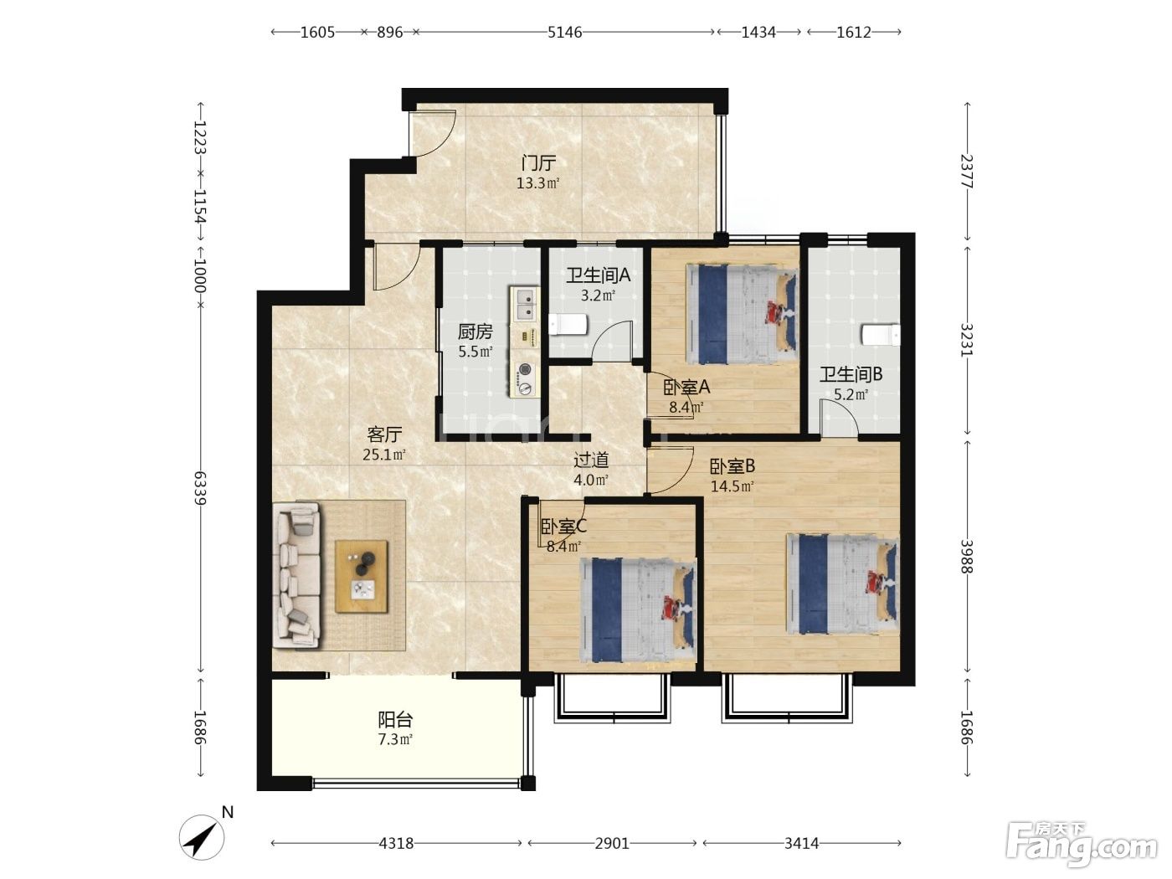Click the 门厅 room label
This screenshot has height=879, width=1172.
point(538,162)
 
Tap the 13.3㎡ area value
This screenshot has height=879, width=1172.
point(537,183)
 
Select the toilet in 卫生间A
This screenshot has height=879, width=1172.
point(568,325)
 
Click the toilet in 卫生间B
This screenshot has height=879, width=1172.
point(881,335)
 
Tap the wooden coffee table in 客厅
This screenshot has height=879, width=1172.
point(361,577)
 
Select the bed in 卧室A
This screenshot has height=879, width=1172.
point(742,315)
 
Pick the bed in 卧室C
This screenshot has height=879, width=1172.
point(638,609)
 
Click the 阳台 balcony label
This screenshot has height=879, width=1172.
point(395,720)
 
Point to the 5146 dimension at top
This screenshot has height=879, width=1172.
point(565,33)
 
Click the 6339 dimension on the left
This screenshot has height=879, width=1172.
point(200,488)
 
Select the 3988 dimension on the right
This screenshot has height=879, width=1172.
point(967,557)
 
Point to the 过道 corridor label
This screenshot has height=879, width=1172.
point(591,460)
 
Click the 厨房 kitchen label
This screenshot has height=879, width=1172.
point(475,332)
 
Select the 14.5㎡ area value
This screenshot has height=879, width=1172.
point(732,486)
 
